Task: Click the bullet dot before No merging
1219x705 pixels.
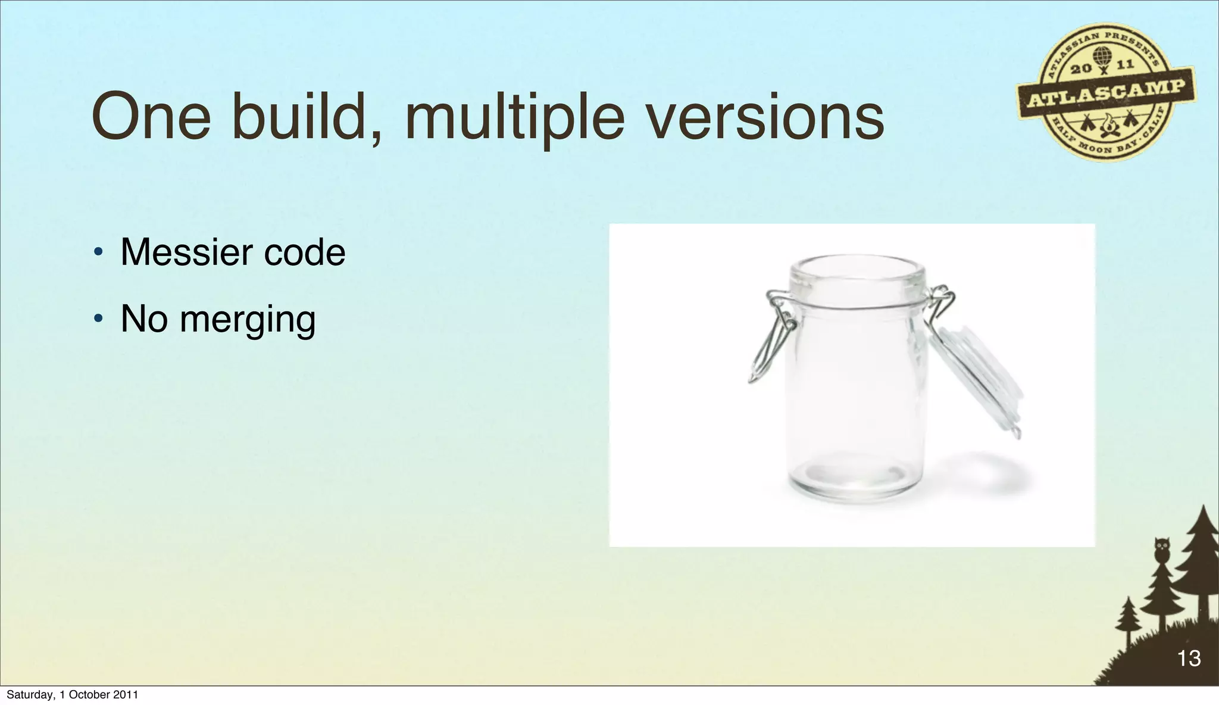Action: click(x=98, y=320)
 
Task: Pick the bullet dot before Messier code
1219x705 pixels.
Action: click(x=98, y=253)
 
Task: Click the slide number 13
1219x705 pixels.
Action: click(x=1189, y=658)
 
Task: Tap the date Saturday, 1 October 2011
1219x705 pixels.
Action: click(x=72, y=694)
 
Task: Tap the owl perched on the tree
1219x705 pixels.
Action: click(x=1161, y=550)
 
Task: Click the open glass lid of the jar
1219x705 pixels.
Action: click(x=976, y=375)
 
